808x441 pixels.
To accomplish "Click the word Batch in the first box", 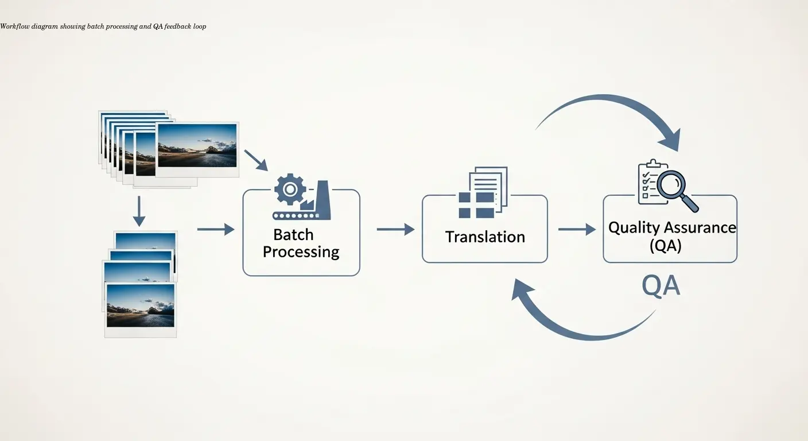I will tap(293, 234).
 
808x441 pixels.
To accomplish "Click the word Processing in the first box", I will tap(301, 252).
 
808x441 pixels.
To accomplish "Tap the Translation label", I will tap(485, 237).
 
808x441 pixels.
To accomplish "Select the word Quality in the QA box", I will tap(634, 227).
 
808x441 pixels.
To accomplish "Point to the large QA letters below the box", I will tap(661, 285).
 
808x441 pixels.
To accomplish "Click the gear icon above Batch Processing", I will tap(290, 190).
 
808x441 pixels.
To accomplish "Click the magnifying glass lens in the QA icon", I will tap(670, 185).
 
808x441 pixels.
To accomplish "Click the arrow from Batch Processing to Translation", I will tap(395, 229).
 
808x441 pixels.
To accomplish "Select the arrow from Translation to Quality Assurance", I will tap(577, 229).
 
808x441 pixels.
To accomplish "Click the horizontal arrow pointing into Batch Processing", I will tap(216, 229).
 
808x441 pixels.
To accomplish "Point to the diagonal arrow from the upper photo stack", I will tap(256, 160).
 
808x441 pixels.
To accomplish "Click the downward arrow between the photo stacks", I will tap(139, 211).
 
